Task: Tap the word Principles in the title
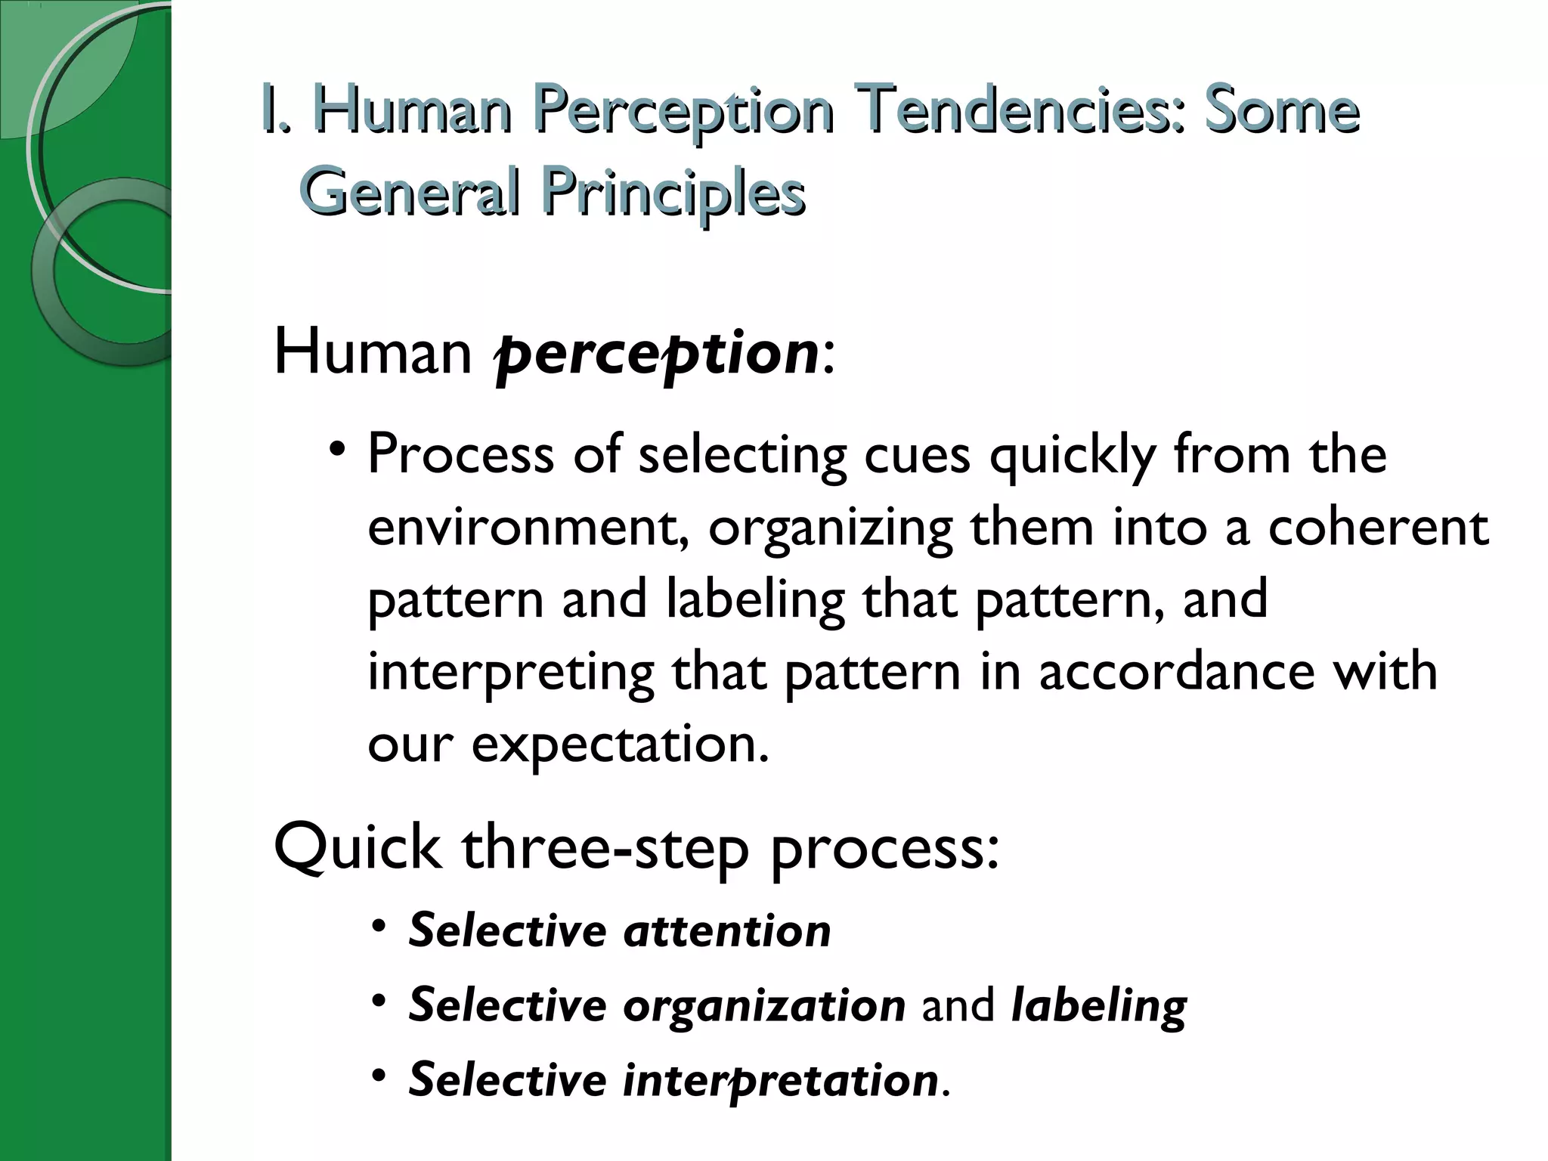click(x=673, y=192)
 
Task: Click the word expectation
click(x=620, y=745)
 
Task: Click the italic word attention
click(x=726, y=930)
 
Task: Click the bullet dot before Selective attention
click(x=380, y=927)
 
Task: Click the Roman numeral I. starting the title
click(x=277, y=110)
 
